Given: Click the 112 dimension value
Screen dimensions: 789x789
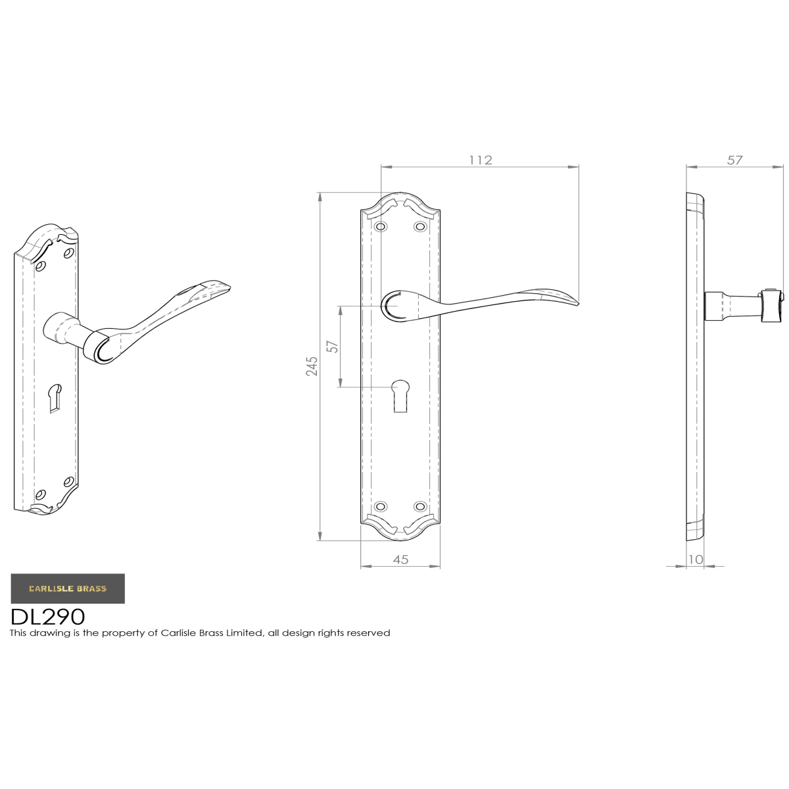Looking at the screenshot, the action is (x=480, y=160).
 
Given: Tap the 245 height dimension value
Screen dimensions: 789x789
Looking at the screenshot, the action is (x=312, y=366).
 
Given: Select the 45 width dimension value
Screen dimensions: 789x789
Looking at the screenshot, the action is (x=400, y=560).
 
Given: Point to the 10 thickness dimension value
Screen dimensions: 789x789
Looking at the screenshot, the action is (x=695, y=560).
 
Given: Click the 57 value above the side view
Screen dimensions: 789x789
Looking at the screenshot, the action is (x=734, y=160).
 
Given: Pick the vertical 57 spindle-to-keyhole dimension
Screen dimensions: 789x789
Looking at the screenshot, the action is (x=334, y=347).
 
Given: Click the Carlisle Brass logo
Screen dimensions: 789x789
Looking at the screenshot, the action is (x=68, y=588).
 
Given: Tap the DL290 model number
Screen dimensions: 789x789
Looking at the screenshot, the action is (x=48, y=617).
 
